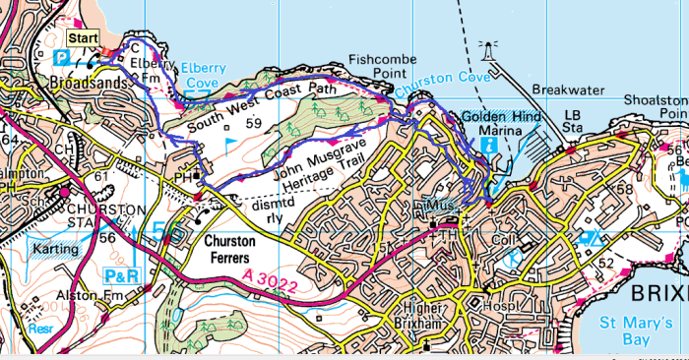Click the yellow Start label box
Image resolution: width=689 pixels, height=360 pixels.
coord(83,37)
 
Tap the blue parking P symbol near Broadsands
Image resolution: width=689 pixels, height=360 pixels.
coord(61,57)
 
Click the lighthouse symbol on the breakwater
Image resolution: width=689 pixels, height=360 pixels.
coord(484,47)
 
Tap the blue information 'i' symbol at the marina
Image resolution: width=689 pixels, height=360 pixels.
coord(489,144)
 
